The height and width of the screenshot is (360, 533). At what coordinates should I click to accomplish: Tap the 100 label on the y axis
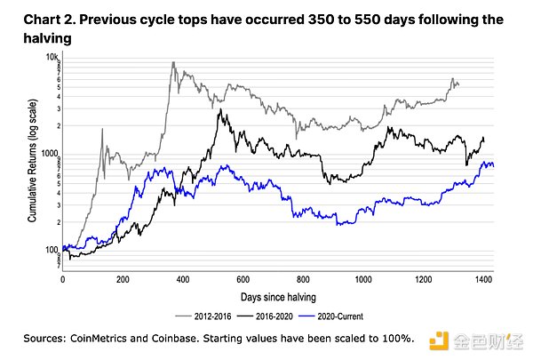(50, 250)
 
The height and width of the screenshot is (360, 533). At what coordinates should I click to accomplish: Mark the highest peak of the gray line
(172, 63)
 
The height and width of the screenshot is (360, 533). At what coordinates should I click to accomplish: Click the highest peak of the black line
(219, 111)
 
